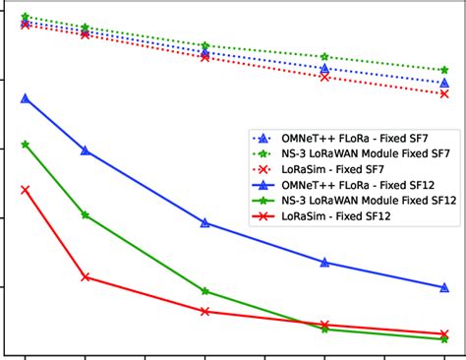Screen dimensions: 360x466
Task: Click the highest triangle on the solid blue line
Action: (26, 98)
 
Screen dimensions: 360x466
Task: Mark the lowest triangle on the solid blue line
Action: (444, 287)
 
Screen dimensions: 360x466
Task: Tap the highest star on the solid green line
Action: (26, 145)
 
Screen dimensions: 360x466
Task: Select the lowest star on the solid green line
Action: (444, 339)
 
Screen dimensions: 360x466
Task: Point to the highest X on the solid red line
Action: (26, 189)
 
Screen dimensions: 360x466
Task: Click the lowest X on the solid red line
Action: (444, 333)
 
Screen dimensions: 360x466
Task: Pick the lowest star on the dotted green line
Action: (444, 71)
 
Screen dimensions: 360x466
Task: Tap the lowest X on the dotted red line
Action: (444, 93)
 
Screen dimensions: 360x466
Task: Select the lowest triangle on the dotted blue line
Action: (444, 83)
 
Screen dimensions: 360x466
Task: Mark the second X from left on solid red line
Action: (86, 277)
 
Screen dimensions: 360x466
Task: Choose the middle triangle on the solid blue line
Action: (204, 223)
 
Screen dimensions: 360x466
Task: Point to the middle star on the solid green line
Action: (204, 291)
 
